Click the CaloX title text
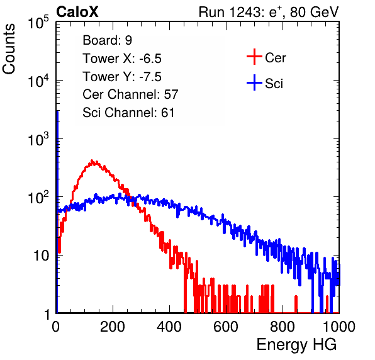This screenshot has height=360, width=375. coord(77,12)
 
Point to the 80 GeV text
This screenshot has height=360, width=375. coord(314,12)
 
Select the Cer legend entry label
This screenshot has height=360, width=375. coord(275,58)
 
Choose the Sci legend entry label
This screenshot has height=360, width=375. coord(274,84)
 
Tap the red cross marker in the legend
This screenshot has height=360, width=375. coord(254,57)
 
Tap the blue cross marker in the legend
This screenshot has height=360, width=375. coord(254,83)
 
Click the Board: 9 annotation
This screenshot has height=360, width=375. coord(107,40)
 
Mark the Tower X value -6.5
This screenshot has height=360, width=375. coord(150,59)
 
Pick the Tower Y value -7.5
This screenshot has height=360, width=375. coord(150,77)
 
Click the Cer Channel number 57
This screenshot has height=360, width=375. coord(171,94)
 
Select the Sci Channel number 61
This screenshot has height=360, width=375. coord(167,113)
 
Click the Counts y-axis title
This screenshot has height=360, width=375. coord(9,49)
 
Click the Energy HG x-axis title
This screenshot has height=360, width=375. coord(296,345)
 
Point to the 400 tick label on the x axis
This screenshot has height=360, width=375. coord(169,327)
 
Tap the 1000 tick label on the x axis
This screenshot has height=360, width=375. coord(339,327)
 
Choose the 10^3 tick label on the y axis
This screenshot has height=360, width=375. coord(38,139)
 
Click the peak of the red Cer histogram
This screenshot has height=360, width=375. coord(92,160)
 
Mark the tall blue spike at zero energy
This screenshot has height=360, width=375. coord(57,210)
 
